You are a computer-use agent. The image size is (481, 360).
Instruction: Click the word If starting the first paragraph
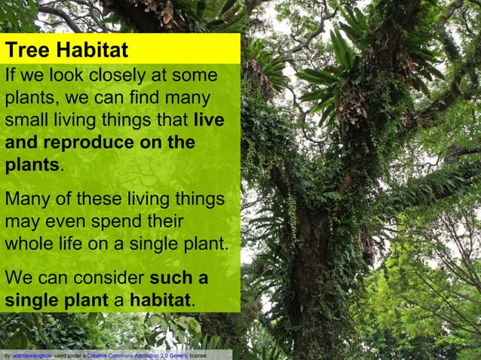pyautogui.click(x=11, y=78)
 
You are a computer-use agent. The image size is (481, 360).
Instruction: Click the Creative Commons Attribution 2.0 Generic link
pyautogui.click(x=137, y=354)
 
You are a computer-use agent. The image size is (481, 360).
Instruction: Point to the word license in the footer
pyautogui.click(x=198, y=354)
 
